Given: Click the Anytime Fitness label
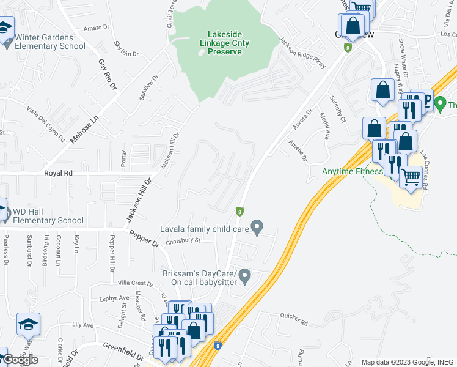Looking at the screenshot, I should point(352,171).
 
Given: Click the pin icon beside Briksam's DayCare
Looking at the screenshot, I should point(245,276).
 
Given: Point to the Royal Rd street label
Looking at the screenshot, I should point(59,174).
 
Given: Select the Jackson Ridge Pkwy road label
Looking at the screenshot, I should point(302,53).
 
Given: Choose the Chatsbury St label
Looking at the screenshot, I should point(183,240).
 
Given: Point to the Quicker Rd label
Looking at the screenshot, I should point(293,317).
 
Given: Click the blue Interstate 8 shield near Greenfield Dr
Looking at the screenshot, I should point(218,346).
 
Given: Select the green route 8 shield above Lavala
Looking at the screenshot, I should point(240,212).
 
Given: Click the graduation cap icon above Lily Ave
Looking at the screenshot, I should point(28,324).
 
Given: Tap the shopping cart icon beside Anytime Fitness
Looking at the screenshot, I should point(411,177).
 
